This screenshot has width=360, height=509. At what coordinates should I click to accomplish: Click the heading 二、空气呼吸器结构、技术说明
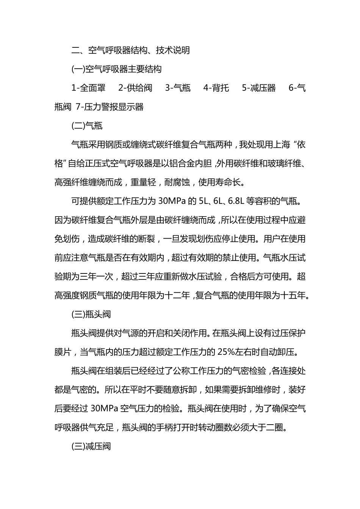tap(130, 50)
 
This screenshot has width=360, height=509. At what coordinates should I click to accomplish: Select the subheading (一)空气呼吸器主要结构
tap(116, 69)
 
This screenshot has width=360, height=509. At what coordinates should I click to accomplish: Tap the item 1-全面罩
tap(88, 88)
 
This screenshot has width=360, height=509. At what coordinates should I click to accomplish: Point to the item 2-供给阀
tap(135, 88)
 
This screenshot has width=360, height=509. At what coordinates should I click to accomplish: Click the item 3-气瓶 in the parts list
tap(178, 88)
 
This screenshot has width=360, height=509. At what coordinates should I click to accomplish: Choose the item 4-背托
tap(216, 88)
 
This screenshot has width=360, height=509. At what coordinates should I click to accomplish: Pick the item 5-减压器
tap(259, 88)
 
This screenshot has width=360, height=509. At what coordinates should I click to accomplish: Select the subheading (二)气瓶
tap(87, 126)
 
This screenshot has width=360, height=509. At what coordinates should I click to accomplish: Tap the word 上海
tap(281, 145)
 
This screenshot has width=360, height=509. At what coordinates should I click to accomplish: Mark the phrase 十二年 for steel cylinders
tap(177, 295)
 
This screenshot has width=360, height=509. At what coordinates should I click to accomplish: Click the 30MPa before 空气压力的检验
tap(105, 409)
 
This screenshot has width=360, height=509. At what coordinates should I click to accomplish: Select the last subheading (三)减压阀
tap(91, 447)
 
